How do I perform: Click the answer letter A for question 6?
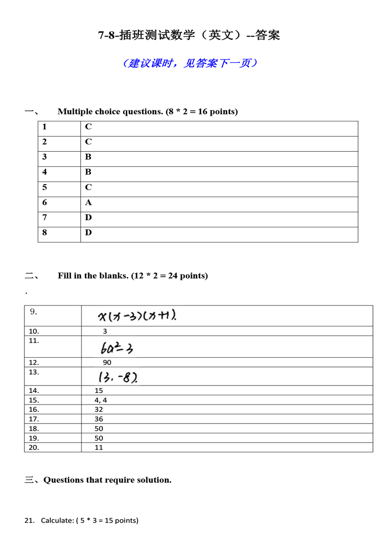tap(88, 203)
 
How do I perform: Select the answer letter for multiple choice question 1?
tap(88, 127)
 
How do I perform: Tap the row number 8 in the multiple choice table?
tap(45, 233)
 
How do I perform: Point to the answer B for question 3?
tap(88, 157)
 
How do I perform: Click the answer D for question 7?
tap(88, 218)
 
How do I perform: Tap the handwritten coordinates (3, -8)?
tap(117, 377)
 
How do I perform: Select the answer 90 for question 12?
tap(107, 363)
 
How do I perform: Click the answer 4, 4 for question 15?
tap(101, 400)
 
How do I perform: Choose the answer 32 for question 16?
tap(99, 409)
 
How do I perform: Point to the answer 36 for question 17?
tap(99, 419)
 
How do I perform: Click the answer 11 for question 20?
tap(99, 448)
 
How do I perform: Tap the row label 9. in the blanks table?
tap(34, 312)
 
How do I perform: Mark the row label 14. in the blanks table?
tap(34, 390)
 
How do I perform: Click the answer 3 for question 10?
tap(105, 331)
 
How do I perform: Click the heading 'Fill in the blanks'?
tap(133, 276)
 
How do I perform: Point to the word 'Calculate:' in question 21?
tap(57, 520)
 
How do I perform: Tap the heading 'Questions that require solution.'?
tap(107, 480)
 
